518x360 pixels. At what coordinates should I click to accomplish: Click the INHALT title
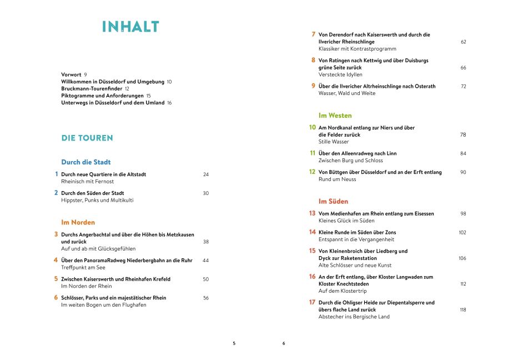(130, 27)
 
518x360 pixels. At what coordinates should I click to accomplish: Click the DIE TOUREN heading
(87, 138)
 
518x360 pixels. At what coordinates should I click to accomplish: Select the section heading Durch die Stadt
(86, 162)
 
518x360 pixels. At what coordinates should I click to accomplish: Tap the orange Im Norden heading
(78, 222)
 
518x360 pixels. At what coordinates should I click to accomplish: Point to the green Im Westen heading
(335, 116)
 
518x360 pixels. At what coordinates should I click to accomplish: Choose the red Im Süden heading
(333, 201)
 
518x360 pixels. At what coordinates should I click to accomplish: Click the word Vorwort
(71, 74)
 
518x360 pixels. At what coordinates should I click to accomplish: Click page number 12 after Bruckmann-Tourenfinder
(127, 88)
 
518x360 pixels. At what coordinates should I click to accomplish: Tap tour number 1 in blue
(57, 174)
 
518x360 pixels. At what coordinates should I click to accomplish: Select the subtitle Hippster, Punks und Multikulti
(97, 200)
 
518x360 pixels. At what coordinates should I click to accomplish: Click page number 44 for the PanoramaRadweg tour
(205, 260)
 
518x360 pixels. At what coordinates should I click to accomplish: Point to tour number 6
(56, 298)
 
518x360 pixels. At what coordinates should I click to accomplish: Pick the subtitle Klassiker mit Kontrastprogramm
(358, 49)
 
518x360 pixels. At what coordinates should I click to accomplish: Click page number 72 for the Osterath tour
(463, 87)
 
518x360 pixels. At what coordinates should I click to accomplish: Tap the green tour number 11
(313, 153)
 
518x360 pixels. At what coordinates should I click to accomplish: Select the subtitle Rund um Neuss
(337, 179)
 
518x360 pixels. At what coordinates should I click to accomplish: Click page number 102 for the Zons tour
(462, 232)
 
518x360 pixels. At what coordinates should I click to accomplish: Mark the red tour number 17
(312, 302)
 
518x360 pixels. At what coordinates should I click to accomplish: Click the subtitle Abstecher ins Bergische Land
(354, 317)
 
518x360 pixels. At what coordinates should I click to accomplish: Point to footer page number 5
(234, 343)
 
